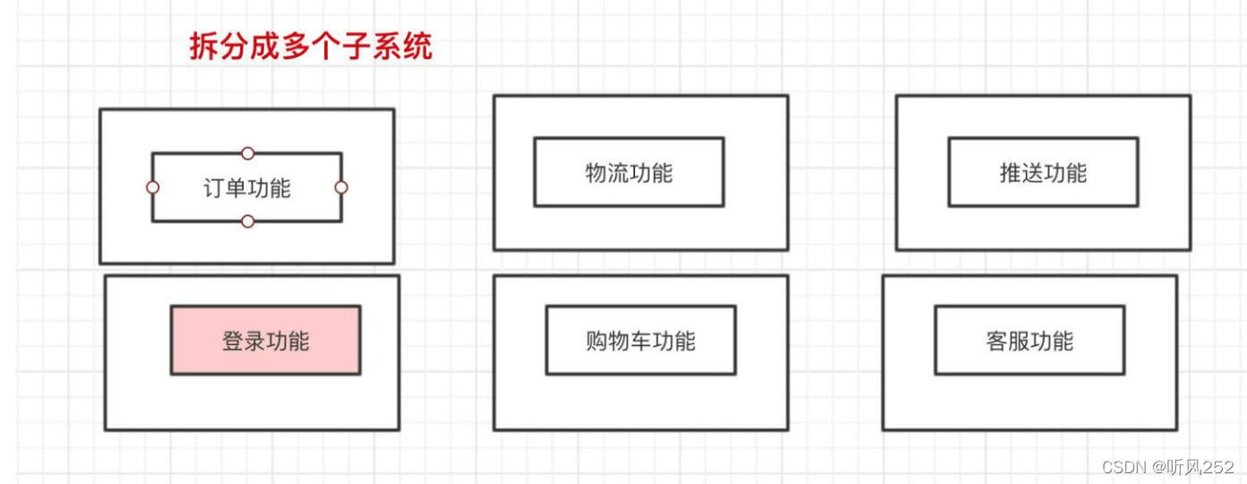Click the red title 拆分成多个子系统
[x=310, y=46]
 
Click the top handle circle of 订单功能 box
[x=248, y=153]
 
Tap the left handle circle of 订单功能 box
[x=152, y=187]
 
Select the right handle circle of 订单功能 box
[x=341, y=187]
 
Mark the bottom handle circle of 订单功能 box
[x=248, y=221]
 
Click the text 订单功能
[x=246, y=188]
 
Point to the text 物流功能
[x=629, y=172]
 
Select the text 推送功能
[x=1043, y=172]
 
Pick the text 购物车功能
[x=641, y=341]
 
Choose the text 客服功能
[x=1029, y=341]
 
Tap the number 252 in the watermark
[x=1218, y=467]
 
